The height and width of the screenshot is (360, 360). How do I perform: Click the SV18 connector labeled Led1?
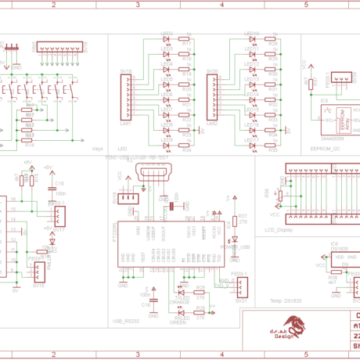coord(126,97)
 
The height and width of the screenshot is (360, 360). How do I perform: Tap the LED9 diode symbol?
coord(167,146)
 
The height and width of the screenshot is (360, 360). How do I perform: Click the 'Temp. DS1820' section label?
coord(285,301)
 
